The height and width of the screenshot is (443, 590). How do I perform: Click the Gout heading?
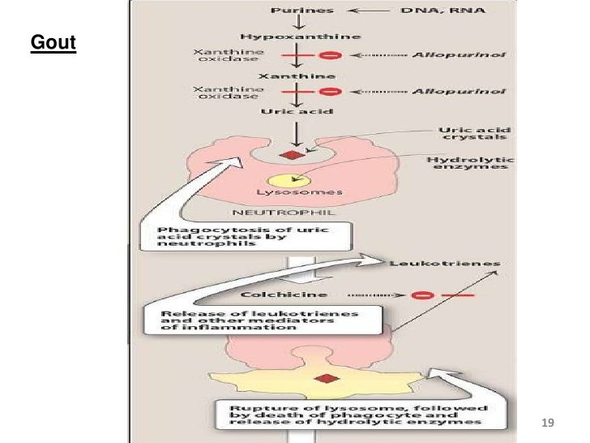click(53, 42)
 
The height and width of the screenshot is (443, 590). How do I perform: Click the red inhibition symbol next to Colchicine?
click(421, 296)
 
